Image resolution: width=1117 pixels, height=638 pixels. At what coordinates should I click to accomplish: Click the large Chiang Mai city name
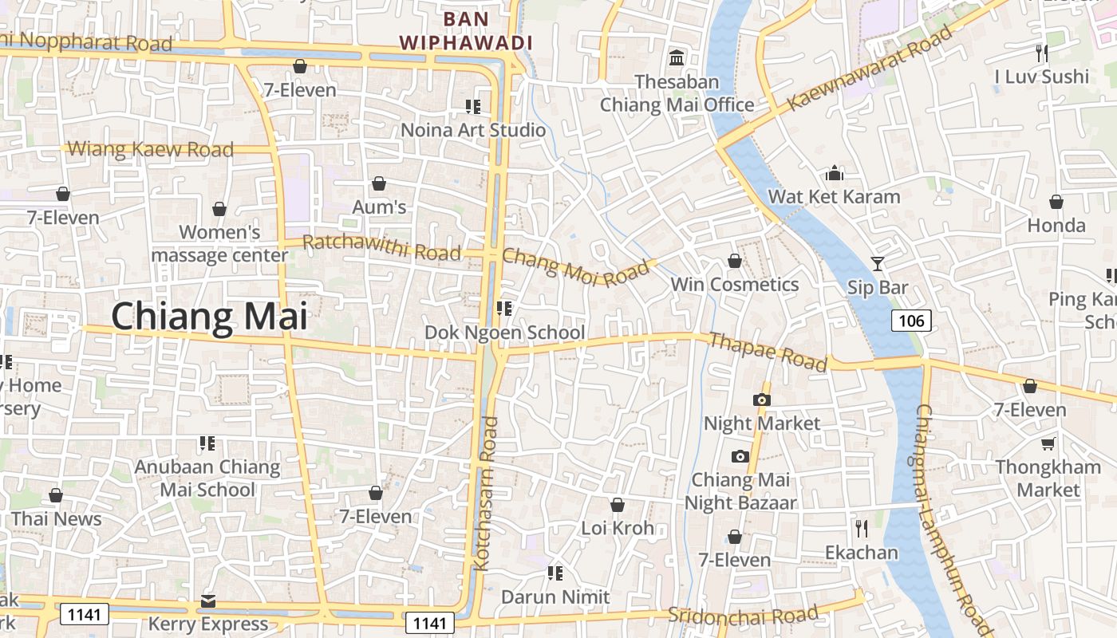(209, 316)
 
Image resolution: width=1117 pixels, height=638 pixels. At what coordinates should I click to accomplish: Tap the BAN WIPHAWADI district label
(466, 30)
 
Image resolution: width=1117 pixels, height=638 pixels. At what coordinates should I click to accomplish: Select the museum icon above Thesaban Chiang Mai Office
(677, 57)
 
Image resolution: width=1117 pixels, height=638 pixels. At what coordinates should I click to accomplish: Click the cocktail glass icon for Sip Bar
(878, 263)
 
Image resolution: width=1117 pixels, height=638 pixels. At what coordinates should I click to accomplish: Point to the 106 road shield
(910, 321)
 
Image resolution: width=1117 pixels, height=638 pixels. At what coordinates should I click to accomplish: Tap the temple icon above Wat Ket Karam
(835, 173)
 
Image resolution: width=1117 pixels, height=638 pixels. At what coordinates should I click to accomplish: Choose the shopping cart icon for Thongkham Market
(1048, 443)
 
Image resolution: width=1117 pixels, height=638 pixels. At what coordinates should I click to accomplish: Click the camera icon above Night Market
(762, 400)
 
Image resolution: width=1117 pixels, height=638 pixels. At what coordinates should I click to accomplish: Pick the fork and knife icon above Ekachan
(861, 528)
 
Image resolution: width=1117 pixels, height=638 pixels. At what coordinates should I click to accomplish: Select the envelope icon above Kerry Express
(208, 601)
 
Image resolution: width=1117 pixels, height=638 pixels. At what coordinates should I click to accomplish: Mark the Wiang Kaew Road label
(151, 149)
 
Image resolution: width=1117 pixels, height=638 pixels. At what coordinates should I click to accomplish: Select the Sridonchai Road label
(743, 615)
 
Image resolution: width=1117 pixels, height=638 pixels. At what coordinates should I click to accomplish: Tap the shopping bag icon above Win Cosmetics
(735, 261)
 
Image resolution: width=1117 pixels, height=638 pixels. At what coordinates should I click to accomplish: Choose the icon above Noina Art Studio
(473, 106)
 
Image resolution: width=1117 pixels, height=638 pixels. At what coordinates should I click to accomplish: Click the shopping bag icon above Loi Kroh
(617, 505)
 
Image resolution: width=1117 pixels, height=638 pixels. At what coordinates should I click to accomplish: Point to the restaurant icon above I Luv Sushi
(1041, 53)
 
